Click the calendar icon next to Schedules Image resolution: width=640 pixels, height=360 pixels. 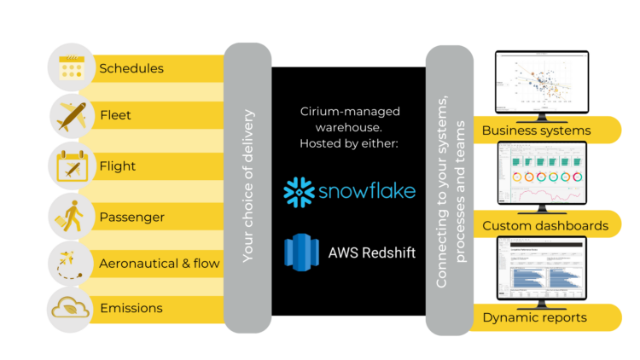pyautogui.click(x=72, y=67)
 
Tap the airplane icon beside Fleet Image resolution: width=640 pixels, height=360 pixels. pyautogui.click(x=72, y=115)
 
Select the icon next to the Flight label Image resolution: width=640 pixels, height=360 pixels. pyautogui.click(x=72, y=165)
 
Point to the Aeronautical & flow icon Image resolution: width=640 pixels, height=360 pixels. pyautogui.click(x=72, y=262)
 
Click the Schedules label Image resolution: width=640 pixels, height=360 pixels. pyautogui.click(x=131, y=68)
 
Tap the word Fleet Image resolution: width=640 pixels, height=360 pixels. pyautogui.click(x=115, y=116)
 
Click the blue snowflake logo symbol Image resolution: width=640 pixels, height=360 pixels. pyautogui.click(x=300, y=193)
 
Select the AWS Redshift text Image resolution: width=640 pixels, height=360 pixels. pyautogui.click(x=371, y=252)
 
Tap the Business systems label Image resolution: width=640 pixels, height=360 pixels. pyautogui.click(x=536, y=131)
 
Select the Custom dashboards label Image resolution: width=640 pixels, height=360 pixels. pyautogui.click(x=545, y=225)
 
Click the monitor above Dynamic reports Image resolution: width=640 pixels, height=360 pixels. pyautogui.click(x=540, y=270)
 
